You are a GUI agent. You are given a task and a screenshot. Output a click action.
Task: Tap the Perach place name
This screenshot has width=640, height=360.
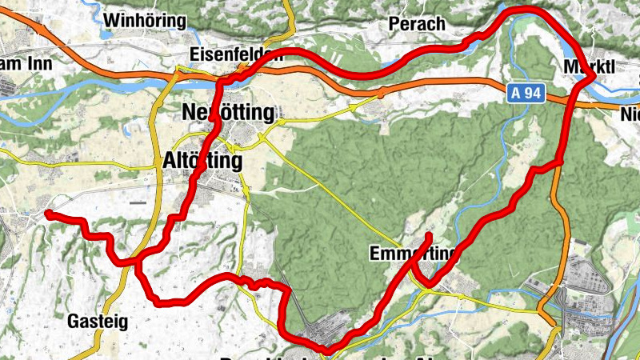416,24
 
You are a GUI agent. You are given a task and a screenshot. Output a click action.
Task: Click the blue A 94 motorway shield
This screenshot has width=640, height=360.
526,94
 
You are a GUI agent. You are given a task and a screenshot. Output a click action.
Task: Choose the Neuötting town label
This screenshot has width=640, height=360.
228,111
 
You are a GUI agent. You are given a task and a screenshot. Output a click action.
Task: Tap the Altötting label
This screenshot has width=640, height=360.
202,161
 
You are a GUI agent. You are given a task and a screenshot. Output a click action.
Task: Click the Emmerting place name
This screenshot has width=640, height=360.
412,254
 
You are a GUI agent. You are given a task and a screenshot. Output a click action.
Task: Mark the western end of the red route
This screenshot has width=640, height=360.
48,214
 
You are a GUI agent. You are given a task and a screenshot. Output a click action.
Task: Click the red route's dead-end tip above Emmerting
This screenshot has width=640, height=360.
430,235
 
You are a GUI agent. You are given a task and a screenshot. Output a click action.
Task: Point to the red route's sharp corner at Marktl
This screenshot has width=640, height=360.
590,77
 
